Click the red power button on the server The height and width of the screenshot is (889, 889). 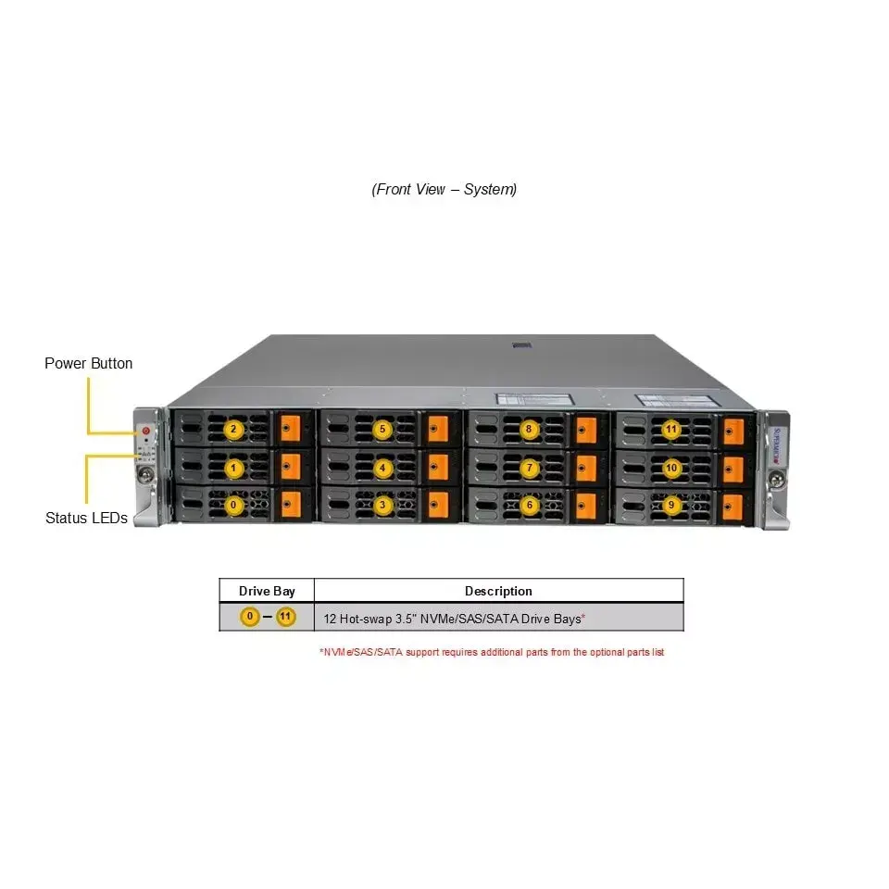145,431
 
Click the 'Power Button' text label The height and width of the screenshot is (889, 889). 89,363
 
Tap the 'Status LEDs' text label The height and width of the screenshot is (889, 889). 86,519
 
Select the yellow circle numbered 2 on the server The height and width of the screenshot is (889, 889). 233,429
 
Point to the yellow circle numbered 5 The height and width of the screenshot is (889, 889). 382,429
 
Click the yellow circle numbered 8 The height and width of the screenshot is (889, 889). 529,429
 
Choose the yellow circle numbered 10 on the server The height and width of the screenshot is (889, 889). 671,469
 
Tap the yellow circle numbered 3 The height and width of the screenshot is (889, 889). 382,506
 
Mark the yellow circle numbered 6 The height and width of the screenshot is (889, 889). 530,506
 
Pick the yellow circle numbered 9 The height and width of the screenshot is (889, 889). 671,506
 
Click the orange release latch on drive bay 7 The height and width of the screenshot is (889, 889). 586,469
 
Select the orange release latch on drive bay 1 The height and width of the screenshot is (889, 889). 291,467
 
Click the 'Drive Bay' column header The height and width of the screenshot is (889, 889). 267,592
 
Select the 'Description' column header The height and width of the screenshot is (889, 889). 498,592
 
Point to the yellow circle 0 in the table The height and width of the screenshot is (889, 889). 249,617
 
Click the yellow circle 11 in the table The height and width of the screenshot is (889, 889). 286,617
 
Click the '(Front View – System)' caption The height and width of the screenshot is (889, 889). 444,189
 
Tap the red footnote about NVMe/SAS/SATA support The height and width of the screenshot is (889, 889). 492,653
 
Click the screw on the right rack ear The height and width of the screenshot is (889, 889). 777,481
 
